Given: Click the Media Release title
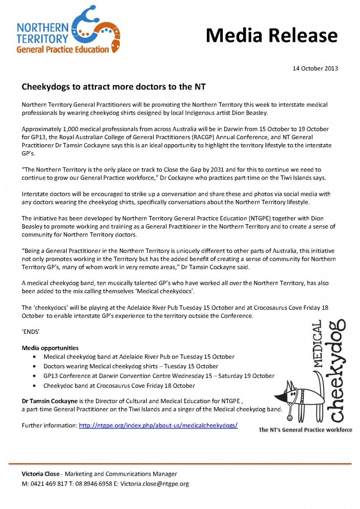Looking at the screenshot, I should coord(271,35).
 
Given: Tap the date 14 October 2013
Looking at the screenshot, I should coord(315,68).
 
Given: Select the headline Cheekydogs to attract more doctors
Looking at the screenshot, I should coord(114,86).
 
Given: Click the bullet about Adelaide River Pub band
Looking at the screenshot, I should coord(139,357).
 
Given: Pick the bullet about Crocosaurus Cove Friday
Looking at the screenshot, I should coord(119,385).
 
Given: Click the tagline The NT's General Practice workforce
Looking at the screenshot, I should coord(305,430).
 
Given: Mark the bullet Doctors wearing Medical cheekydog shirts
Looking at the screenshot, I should coord(131,366).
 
